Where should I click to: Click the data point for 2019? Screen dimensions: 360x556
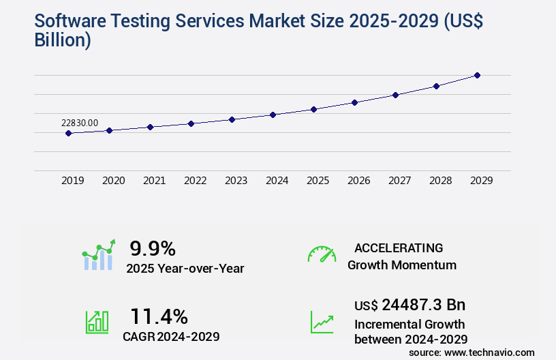68,133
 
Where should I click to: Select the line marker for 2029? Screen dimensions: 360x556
477,75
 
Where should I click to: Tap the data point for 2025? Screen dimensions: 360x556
313,109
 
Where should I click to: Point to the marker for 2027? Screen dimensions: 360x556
395,95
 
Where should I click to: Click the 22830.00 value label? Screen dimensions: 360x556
80,123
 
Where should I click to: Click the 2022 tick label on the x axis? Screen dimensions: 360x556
195,181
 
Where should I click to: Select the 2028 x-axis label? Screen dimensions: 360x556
440,181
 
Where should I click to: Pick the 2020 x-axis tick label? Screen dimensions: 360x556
113,181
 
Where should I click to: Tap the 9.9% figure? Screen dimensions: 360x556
153,248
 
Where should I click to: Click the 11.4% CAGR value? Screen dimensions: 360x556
159,316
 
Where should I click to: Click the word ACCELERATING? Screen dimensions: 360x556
399,247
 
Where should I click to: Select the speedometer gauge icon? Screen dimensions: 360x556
322,254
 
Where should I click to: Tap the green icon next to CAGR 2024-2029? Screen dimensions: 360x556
97,322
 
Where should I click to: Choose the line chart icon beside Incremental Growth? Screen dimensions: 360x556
322,322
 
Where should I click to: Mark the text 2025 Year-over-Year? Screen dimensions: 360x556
185,269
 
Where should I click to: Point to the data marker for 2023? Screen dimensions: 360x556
232,119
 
